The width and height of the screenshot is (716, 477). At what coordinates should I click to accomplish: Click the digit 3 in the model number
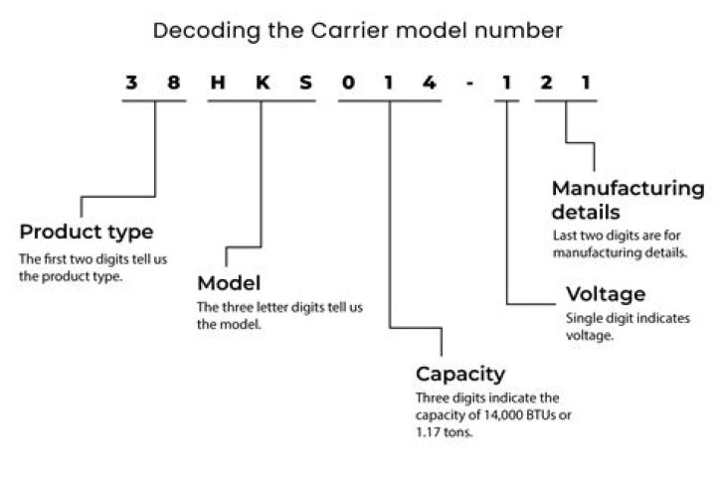pyautogui.click(x=130, y=83)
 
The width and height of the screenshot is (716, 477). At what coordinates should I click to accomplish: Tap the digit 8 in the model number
pyautogui.click(x=174, y=83)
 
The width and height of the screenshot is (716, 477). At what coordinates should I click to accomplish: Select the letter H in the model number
pyautogui.click(x=217, y=83)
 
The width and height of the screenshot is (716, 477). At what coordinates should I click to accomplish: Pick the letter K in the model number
pyautogui.click(x=261, y=83)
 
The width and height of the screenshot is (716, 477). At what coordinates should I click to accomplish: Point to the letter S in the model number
pyautogui.click(x=304, y=83)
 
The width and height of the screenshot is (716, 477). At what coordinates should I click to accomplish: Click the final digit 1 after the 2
pyautogui.click(x=587, y=83)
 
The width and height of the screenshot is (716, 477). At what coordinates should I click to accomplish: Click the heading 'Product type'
pyautogui.click(x=87, y=233)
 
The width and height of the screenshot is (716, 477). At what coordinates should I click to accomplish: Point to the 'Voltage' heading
pyautogui.click(x=606, y=294)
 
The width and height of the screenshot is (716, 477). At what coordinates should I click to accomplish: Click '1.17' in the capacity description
pyautogui.click(x=429, y=432)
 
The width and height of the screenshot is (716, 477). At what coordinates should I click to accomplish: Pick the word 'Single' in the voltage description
pyautogui.click(x=584, y=319)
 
